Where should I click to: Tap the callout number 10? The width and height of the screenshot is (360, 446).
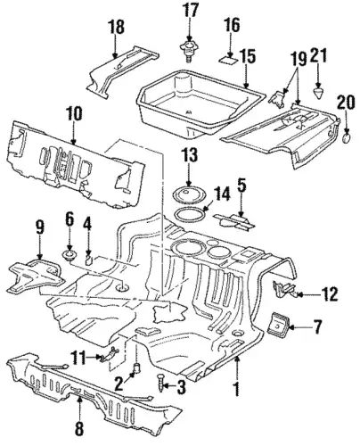tap(74, 114)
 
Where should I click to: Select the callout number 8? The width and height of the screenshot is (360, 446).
tap(79, 428)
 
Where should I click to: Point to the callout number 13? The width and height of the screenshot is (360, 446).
tap(190, 155)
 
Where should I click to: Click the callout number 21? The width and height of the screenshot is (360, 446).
tap(319, 55)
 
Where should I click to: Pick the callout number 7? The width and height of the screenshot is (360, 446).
tap(316, 326)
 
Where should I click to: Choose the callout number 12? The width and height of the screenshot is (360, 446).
tap(329, 294)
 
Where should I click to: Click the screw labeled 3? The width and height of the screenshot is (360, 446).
tap(161, 382)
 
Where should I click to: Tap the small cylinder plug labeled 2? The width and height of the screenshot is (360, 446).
tap(137, 368)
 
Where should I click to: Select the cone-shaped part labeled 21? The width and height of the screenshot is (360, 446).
tap(318, 93)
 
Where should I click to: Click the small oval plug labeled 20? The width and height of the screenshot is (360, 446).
tap(347, 138)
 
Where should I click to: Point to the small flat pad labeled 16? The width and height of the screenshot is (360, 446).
tap(229, 59)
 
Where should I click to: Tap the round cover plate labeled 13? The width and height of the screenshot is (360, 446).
tap(186, 194)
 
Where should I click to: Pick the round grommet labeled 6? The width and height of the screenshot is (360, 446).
tap(70, 256)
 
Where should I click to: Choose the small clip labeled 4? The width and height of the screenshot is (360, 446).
tap(89, 259)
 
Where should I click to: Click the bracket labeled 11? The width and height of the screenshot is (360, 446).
tap(110, 354)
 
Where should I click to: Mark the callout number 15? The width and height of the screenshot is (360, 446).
tap(248, 57)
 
